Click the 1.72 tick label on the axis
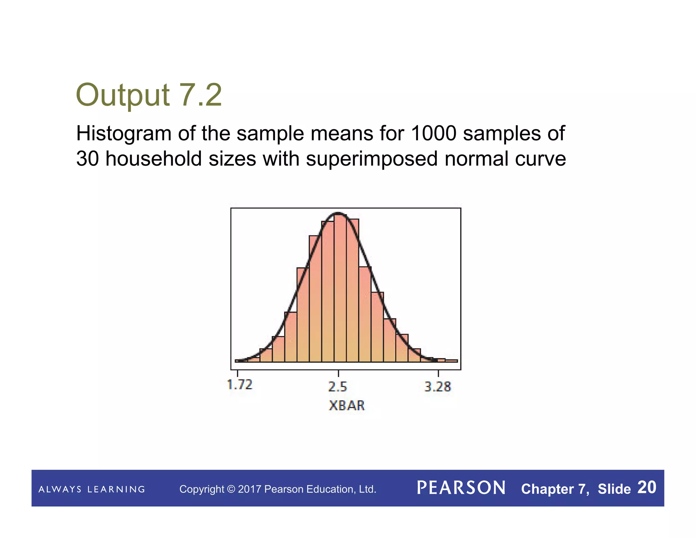[240, 385]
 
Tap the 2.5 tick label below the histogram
[338, 387]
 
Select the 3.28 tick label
[438, 387]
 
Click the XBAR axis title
[347, 405]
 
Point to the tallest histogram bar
[340, 289]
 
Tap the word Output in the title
[123, 95]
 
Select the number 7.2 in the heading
[200, 95]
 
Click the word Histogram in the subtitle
[124, 133]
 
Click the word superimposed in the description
[371, 159]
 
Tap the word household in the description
[154, 159]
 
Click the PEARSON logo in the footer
[461, 488]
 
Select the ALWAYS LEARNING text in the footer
[92, 489]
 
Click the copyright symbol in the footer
[231, 489]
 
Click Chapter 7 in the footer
[555, 489]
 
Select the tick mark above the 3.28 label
[438, 373]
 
